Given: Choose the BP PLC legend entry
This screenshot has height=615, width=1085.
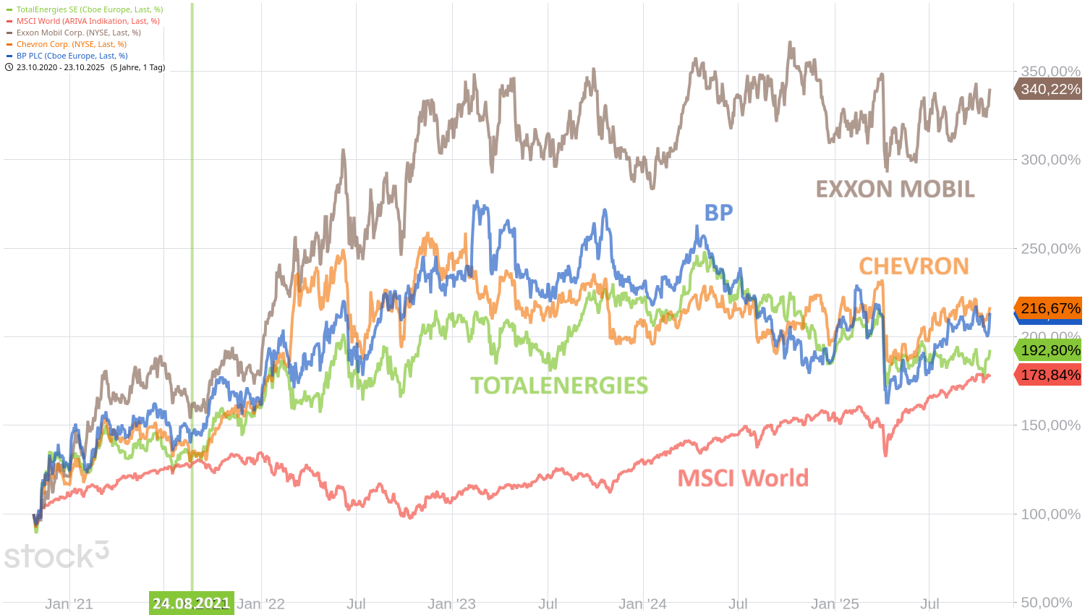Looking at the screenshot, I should [x=72, y=56].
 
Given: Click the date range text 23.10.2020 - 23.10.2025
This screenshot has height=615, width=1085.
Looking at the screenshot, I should [x=61, y=67].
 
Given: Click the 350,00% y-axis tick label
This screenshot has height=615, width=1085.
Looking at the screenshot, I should [x=1050, y=71].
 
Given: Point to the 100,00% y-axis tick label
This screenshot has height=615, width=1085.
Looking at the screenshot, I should [x=1050, y=514].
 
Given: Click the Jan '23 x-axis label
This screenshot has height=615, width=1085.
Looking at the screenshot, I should [x=452, y=603].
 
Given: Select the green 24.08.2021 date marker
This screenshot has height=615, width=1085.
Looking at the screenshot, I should [x=191, y=603].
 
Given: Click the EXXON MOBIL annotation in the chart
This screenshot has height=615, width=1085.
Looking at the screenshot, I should [x=895, y=189].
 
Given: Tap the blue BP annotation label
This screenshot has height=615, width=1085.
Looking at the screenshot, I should [x=718, y=212].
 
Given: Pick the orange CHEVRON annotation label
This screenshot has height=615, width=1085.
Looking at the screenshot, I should [x=914, y=266].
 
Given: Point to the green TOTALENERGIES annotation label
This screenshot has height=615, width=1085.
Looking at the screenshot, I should [x=559, y=386].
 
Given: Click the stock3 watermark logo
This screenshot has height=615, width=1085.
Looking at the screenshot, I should [x=56, y=556].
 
